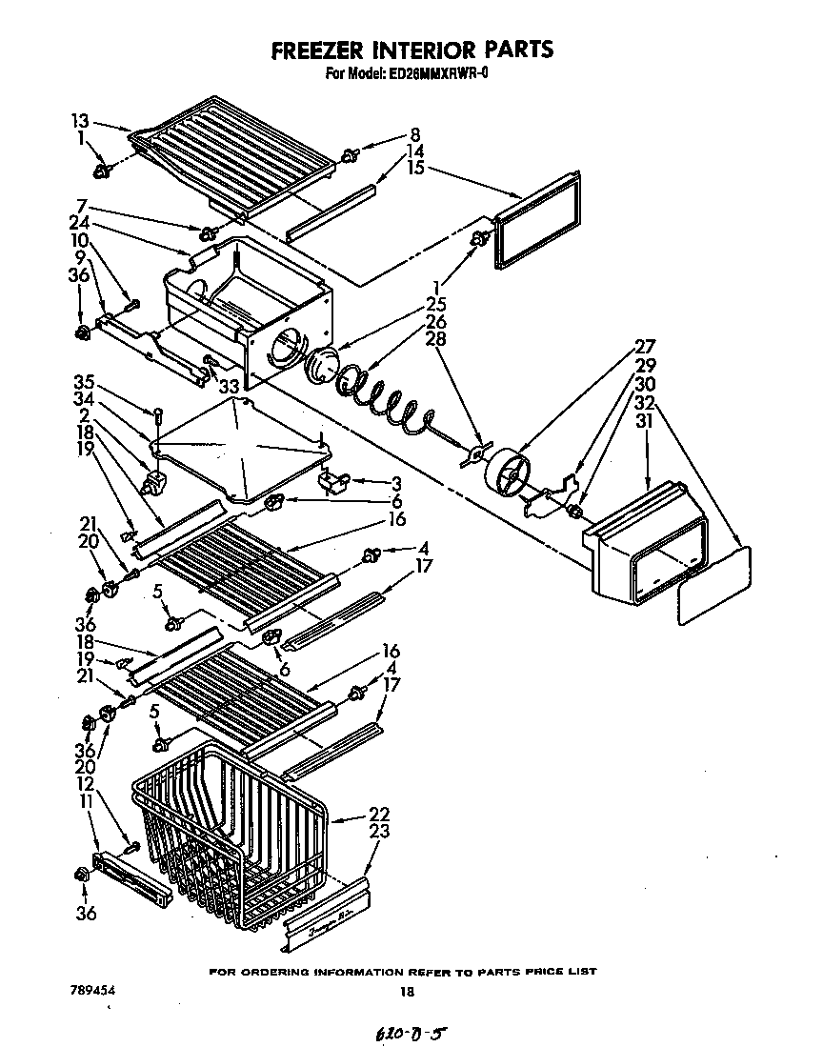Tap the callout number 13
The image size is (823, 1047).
click(x=79, y=120)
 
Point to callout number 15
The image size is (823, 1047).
click(x=414, y=168)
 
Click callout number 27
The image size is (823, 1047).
click(x=645, y=347)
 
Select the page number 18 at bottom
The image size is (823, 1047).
click(x=408, y=992)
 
